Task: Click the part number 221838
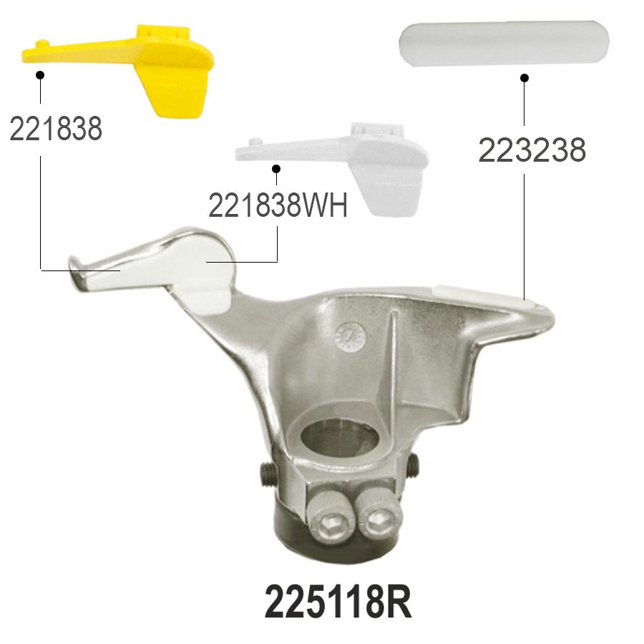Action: click(x=56, y=129)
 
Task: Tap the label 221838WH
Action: click(x=278, y=205)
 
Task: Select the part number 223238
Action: click(x=532, y=150)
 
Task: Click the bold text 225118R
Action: click(x=338, y=602)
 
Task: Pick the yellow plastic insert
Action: click(x=123, y=66)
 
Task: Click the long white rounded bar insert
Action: click(x=504, y=42)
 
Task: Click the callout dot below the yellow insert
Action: click(x=40, y=75)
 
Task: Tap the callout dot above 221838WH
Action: click(x=276, y=169)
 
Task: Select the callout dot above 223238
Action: click(x=524, y=77)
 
